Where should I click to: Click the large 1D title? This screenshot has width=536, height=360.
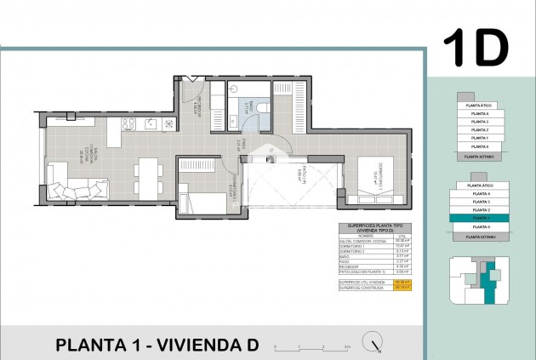tap(476, 49)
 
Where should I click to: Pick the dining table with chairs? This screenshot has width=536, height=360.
tap(147, 177)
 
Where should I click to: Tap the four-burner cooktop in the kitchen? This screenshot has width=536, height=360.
tap(129, 124)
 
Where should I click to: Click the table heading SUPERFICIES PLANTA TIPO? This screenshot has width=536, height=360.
tap(367, 226)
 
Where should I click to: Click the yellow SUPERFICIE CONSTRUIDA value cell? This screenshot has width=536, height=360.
tap(402, 286)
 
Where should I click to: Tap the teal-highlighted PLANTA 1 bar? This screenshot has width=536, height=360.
tap(481, 218)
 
